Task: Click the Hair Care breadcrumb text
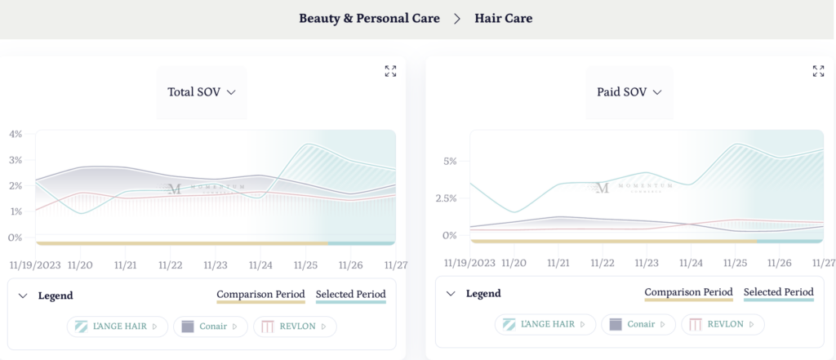click(503, 18)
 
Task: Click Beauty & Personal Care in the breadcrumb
click(369, 18)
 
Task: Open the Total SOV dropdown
click(201, 92)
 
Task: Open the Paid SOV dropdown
click(629, 92)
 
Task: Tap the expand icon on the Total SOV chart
click(390, 71)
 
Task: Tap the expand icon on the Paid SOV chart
click(818, 71)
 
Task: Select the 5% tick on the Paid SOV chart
click(450, 161)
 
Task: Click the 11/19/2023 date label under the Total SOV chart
click(35, 264)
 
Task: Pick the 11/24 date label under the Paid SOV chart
click(691, 263)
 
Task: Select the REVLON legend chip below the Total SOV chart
click(295, 327)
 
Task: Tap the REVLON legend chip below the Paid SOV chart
click(723, 324)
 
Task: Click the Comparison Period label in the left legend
click(260, 295)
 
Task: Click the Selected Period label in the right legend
click(778, 292)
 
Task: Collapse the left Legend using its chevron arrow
click(23, 296)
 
